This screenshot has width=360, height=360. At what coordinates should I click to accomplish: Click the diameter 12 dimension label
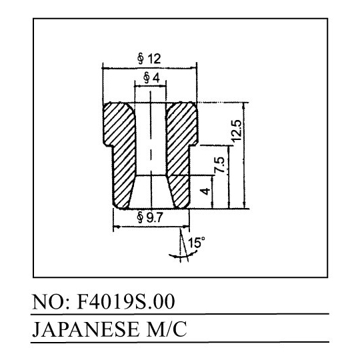click(x=149, y=59)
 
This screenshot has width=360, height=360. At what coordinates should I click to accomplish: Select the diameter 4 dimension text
click(x=151, y=78)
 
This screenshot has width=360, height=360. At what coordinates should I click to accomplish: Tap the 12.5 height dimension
click(x=237, y=131)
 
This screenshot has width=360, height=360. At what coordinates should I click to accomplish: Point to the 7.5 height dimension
click(x=219, y=165)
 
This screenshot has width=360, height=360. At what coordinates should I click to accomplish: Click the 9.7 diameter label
click(x=150, y=217)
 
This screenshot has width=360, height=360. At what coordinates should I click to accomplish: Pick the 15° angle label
click(x=196, y=242)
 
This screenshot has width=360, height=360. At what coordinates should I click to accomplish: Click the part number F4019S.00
click(x=126, y=301)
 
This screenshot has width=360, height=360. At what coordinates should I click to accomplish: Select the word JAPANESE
click(x=85, y=330)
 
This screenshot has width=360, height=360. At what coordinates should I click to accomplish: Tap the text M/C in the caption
click(x=167, y=330)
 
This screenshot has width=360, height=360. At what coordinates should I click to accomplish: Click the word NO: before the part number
click(x=52, y=302)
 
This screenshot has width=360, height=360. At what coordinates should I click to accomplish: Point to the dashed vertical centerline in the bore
click(x=151, y=149)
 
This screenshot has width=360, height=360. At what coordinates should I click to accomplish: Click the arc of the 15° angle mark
click(x=184, y=255)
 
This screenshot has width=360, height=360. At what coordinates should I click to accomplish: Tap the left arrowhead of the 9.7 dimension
click(x=117, y=227)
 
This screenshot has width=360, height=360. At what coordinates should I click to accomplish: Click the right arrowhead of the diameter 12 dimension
click(x=193, y=68)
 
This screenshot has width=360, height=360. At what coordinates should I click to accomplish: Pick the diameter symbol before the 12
click(x=141, y=59)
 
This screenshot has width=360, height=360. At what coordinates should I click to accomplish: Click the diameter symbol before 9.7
click(x=140, y=217)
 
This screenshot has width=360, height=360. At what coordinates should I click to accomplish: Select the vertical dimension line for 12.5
click(x=245, y=156)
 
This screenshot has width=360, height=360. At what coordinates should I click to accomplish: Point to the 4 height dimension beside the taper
click(x=205, y=191)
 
